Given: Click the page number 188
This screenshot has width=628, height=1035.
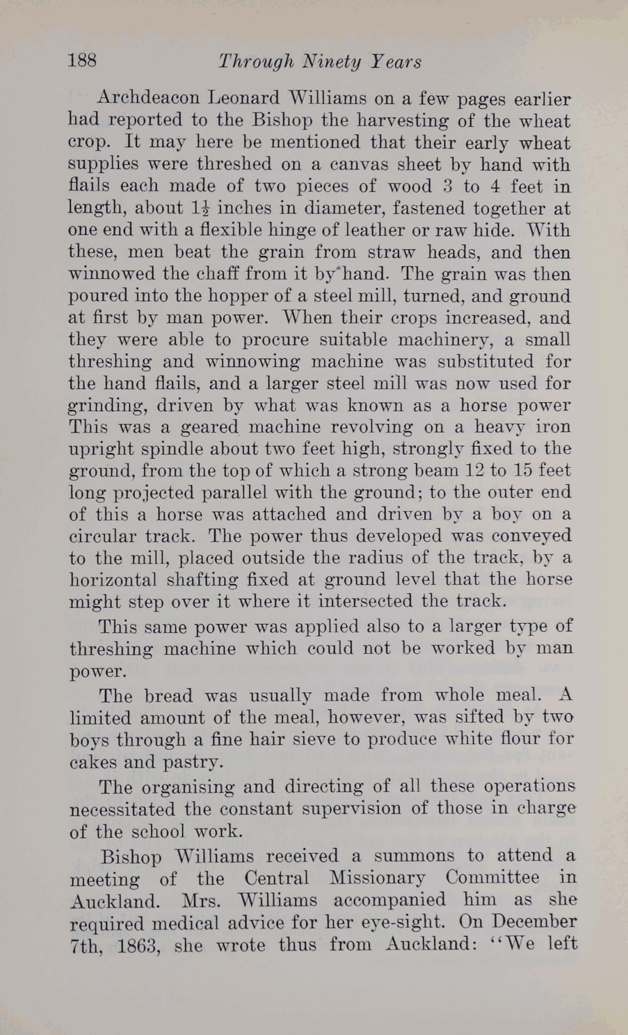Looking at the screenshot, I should point(82,60).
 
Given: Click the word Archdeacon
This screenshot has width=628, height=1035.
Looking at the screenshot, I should point(148,98).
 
